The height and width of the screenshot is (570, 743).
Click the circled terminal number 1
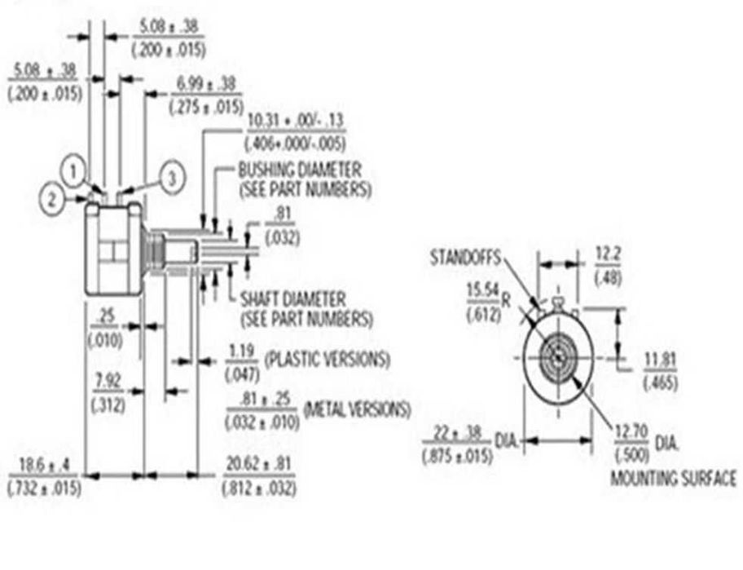pos(74,171)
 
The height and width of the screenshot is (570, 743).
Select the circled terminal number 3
pos(171,179)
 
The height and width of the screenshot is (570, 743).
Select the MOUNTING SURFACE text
pos(673,479)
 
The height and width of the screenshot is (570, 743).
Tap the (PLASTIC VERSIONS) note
pos(327,359)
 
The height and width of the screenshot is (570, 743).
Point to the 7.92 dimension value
pos(108,380)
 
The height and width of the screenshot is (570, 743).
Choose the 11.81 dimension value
pos(660,360)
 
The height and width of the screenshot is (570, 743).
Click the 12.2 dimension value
pos(607,256)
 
